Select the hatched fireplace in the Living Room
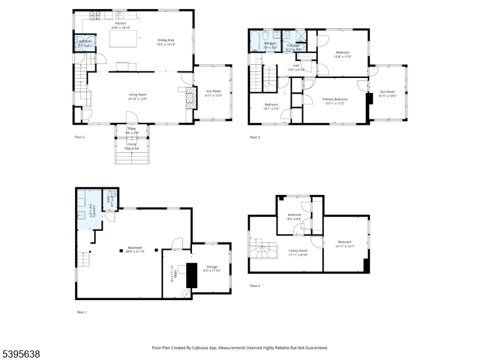190,98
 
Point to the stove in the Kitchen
97,14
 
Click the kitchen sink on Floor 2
121,14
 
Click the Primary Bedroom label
335,101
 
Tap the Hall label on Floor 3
296,67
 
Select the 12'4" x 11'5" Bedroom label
343,54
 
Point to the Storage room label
211,268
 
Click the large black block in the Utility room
192,275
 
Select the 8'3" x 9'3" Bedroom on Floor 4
294,217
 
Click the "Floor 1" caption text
82,312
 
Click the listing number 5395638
22,355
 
